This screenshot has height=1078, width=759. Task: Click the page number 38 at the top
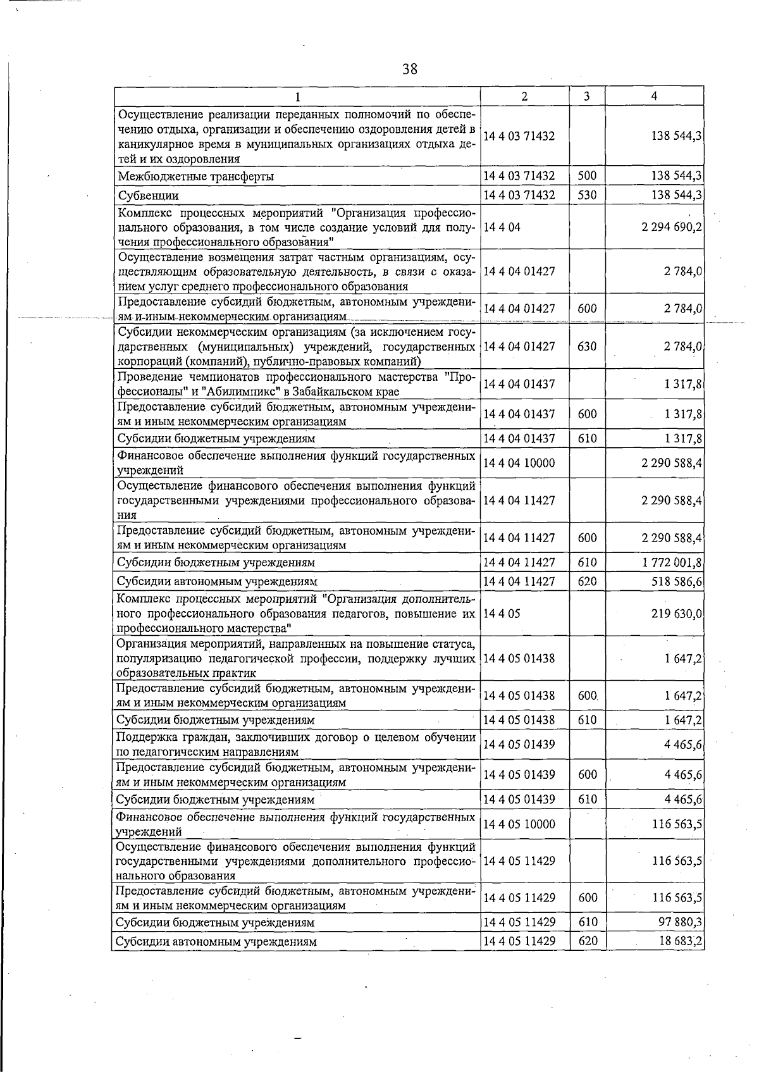pyautogui.click(x=409, y=69)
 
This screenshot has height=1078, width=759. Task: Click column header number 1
pyautogui.click(x=297, y=96)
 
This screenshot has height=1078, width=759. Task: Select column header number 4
pyautogui.click(x=654, y=96)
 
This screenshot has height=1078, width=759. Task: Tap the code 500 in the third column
pyautogui.click(x=587, y=176)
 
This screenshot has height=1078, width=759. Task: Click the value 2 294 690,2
pyautogui.click(x=671, y=226)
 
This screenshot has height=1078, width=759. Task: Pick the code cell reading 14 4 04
pyautogui.click(x=502, y=226)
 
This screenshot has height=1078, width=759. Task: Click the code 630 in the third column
pyautogui.click(x=587, y=346)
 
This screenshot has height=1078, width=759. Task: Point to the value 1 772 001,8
pyautogui.click(x=671, y=562)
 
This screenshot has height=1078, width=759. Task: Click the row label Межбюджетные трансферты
pyautogui.click(x=196, y=177)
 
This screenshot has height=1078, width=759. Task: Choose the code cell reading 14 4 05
pyautogui.click(x=502, y=613)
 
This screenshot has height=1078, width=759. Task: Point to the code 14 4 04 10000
pyautogui.click(x=519, y=462)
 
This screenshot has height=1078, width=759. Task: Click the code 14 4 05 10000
pyautogui.click(x=519, y=824)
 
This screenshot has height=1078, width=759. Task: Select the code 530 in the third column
pyautogui.click(x=587, y=195)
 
